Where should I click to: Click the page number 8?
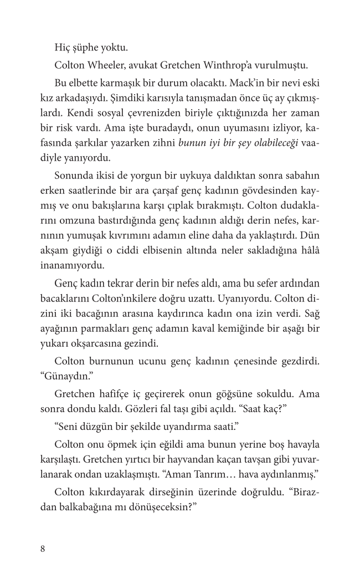coord(43,548)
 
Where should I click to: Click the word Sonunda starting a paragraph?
coord(74,176)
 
